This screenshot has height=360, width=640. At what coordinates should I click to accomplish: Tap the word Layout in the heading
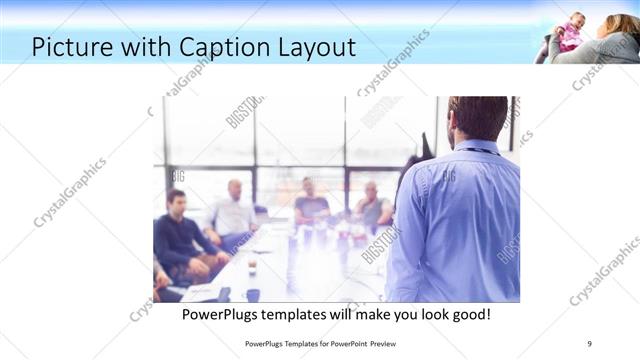pyautogui.click(x=319, y=46)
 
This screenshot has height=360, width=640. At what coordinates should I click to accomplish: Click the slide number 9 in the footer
pyautogui.click(x=589, y=344)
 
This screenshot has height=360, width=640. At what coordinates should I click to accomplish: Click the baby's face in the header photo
pyautogui.click(x=576, y=20)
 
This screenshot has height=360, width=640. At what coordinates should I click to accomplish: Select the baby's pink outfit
pyautogui.click(x=569, y=38)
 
